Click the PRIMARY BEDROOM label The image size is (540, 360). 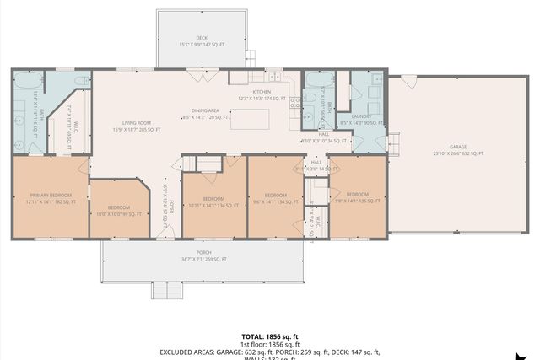(51, 199)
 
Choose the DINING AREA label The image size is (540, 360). (205, 110)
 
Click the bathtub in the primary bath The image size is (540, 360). (28, 80)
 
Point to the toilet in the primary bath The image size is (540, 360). (81, 81)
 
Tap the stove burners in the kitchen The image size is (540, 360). (294, 104)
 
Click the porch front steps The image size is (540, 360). (167, 290)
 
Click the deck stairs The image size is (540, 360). (250, 59)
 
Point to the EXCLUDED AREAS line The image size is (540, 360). (269, 352)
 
